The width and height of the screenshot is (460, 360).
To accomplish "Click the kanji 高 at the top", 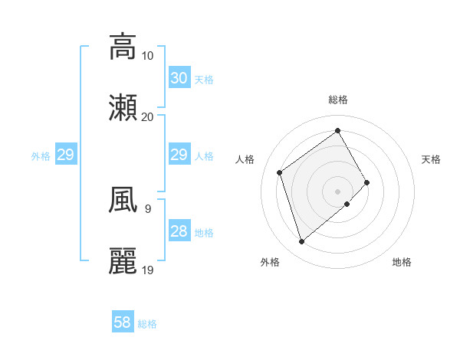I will pos(123,47).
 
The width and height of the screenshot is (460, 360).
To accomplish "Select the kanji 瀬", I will pos(123,108).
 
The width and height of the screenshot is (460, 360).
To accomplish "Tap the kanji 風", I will pos(123,200).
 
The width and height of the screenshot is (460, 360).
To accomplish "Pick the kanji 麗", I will pos(123,261).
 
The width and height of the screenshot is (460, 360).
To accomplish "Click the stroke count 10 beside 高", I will pos(148,56).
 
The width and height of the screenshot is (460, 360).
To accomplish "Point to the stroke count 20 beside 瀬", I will pos(148,116).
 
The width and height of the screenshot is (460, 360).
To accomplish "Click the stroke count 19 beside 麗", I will pos(148,270).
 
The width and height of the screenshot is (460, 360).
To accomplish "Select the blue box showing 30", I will pos(179,78).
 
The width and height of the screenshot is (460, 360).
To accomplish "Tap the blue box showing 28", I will pos(179,231).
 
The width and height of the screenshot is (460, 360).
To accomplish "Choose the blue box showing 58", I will pos(123,322).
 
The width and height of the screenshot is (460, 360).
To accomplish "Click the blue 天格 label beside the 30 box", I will pos(204,80).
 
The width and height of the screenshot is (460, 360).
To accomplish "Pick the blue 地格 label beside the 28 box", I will pos(204,233).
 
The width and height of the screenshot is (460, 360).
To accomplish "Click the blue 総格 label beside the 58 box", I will pos(147,324).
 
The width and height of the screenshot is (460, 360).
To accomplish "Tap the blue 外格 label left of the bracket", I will pos(41,156).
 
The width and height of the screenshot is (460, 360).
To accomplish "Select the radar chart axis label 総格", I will pos(338,100).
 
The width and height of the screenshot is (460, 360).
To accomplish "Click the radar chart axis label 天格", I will pos(432,159).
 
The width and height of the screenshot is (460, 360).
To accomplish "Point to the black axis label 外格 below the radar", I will pos(270,262).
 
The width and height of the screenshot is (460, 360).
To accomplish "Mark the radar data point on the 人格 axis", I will pos(280,172).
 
